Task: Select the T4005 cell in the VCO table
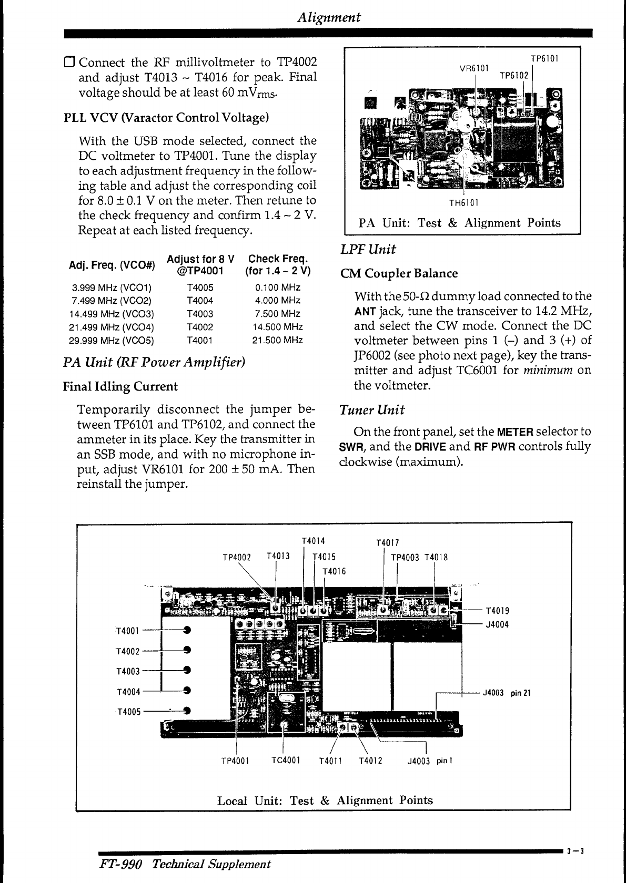tap(200, 288)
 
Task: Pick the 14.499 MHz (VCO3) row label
tap(112, 314)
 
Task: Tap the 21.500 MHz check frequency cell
tap(278, 340)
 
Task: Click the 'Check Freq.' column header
tap(278, 259)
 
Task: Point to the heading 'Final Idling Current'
tap(120, 386)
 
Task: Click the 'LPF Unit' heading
tap(368, 249)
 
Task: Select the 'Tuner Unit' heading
tap(372, 410)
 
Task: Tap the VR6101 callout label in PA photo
tap(474, 68)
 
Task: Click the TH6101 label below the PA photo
tap(463, 203)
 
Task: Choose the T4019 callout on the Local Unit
tap(497, 611)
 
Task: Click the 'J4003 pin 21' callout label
tap(507, 693)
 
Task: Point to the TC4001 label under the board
tap(286, 761)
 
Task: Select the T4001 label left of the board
tap(128, 631)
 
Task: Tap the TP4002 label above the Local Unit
tap(237, 558)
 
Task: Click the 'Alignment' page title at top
tap(329, 17)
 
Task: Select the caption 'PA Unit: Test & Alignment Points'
tap(460, 223)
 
